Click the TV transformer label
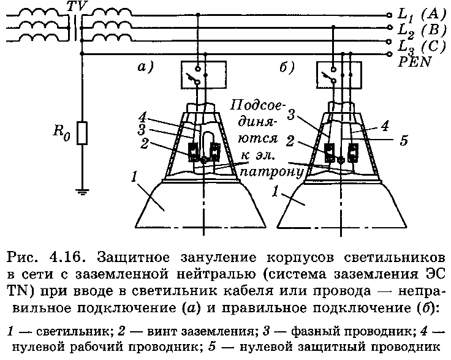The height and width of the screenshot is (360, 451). tap(76, 6)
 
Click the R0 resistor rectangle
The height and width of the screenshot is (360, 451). tap(82, 133)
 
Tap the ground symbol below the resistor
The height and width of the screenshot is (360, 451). tap(82, 192)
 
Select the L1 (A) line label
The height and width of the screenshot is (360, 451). tap(421, 14)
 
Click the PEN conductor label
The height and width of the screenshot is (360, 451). tap(415, 61)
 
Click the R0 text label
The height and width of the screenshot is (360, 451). tap(61, 132)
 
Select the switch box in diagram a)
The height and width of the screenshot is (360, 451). tap(203, 75)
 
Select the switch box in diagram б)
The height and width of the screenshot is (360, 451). tap(339, 75)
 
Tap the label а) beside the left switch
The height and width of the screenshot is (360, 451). tap(145, 67)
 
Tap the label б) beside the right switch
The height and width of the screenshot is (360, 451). tap(287, 67)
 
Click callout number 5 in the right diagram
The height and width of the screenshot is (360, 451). tap(404, 140)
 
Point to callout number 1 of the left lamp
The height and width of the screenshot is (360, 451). tap(134, 178)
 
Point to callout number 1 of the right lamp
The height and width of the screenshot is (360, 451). tap(275, 192)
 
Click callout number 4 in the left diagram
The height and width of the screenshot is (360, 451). tap(142, 118)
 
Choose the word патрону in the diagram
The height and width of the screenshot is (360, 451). tap(273, 173)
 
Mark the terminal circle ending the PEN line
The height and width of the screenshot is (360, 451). tap(390, 54)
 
